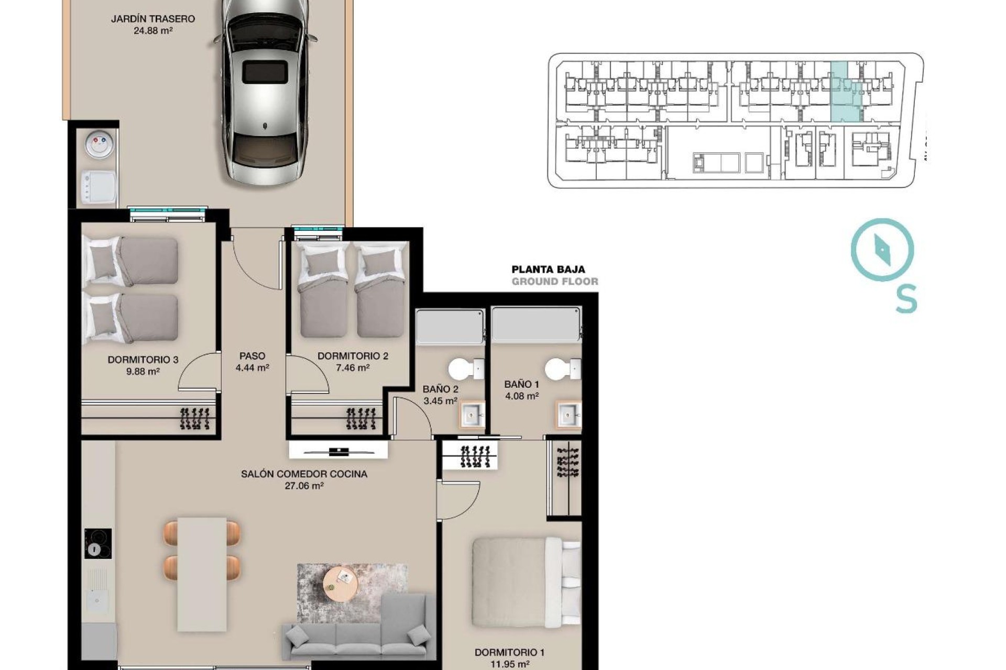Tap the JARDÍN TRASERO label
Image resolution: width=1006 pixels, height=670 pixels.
click(x=152, y=19)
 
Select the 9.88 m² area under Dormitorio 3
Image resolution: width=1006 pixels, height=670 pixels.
click(x=143, y=372)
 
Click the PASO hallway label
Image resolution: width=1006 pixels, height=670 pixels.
click(x=252, y=356)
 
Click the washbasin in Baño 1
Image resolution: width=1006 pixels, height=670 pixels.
click(x=568, y=415)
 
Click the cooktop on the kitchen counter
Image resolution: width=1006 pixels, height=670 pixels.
click(x=98, y=543)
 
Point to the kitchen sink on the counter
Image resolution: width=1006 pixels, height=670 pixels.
click(x=97, y=597)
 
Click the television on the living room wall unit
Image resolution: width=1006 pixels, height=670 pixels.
click(x=339, y=451)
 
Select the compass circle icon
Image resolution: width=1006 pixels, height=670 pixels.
click(x=882, y=250)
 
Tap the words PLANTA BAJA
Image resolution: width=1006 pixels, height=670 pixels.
click(x=548, y=270)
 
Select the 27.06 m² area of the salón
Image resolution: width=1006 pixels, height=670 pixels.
click(x=304, y=486)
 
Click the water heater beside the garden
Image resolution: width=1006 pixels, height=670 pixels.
click(x=100, y=145)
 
